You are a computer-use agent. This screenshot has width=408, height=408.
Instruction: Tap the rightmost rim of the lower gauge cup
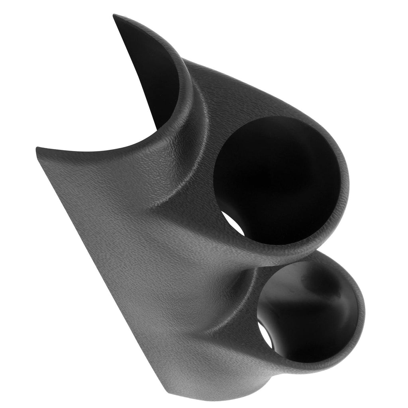[363, 315]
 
